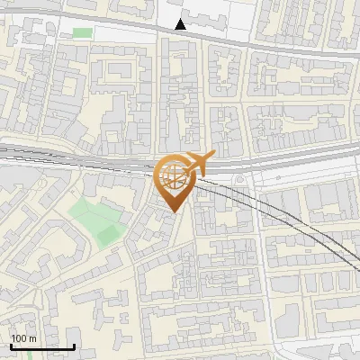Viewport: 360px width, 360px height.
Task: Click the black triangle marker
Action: click(x=181, y=23)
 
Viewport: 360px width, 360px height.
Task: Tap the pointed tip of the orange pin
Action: click(x=172, y=212)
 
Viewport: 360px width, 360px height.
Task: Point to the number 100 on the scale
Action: click(x=19, y=339)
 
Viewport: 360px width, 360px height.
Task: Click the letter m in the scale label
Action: click(x=32, y=339)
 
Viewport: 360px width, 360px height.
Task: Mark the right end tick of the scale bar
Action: click(x=75, y=346)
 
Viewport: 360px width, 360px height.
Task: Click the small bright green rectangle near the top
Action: click(x=82, y=33)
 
